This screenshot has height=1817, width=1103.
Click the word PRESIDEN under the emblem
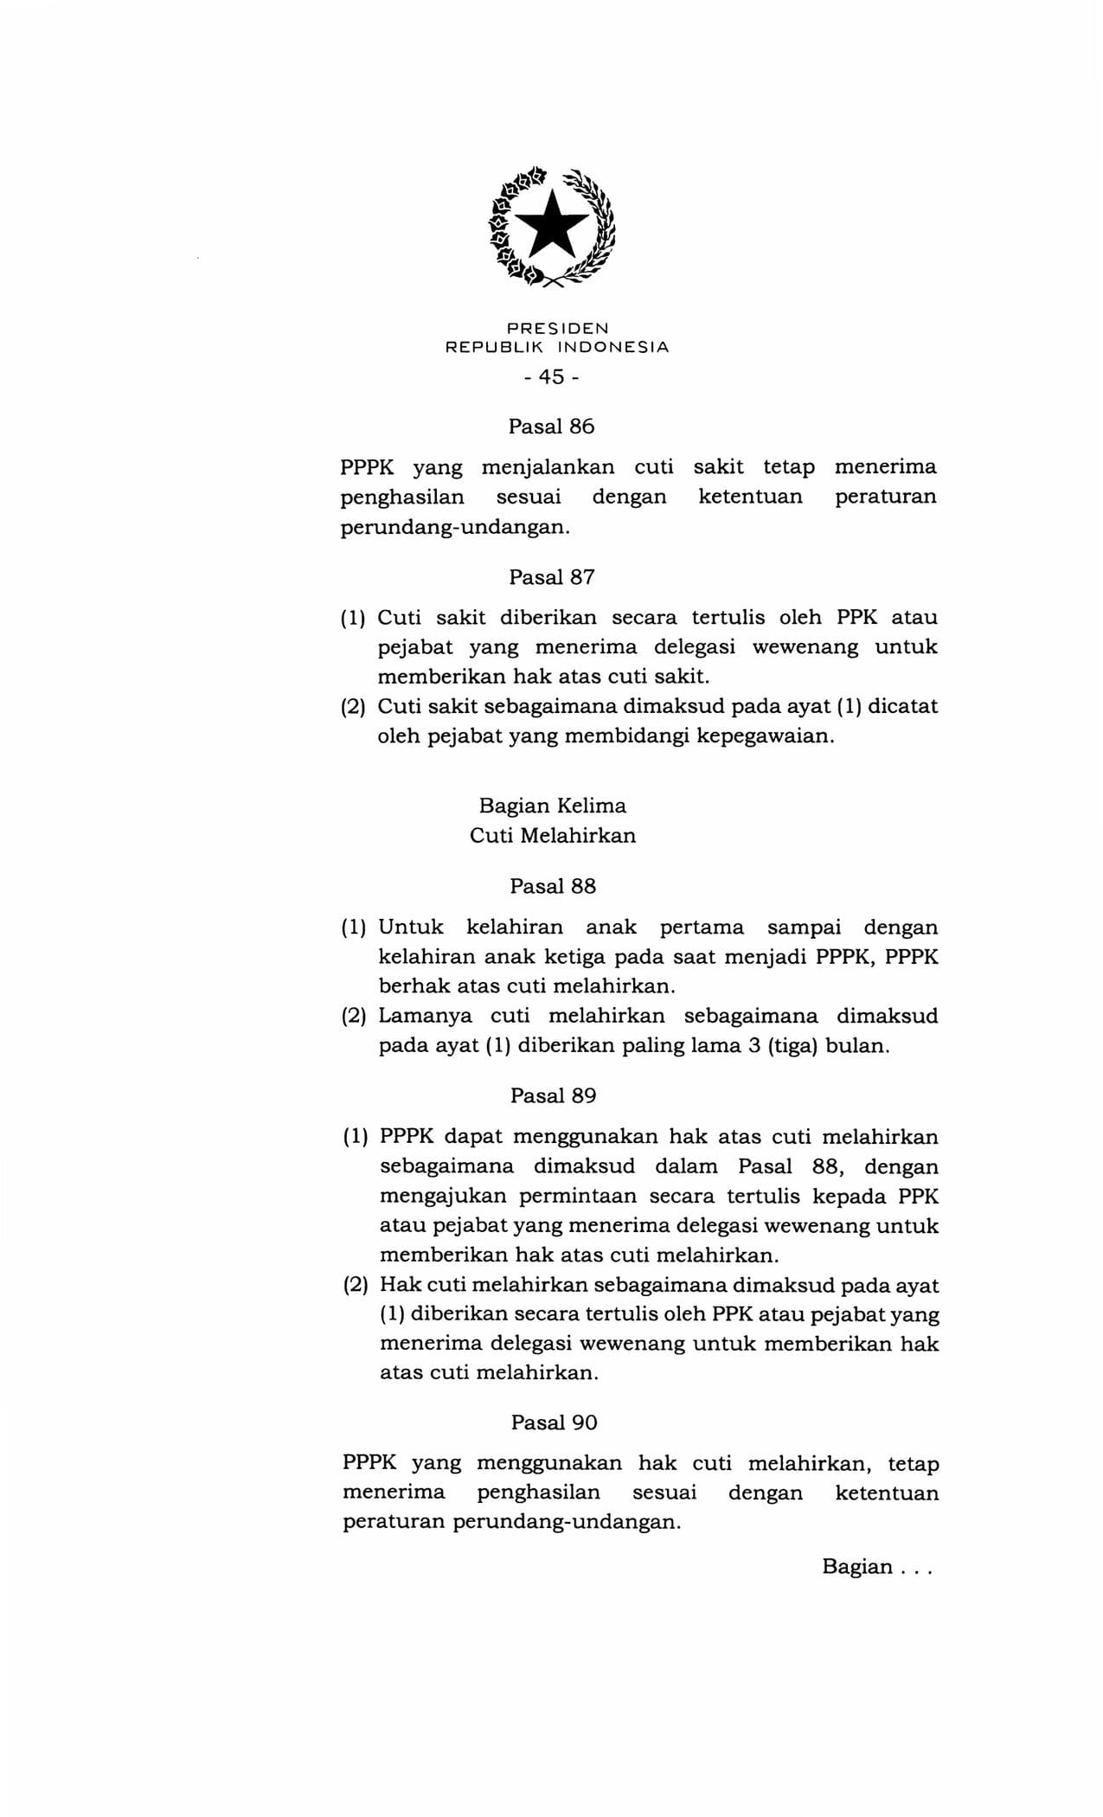(x=557, y=329)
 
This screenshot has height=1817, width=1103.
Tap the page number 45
(x=551, y=377)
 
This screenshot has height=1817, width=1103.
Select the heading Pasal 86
(x=552, y=427)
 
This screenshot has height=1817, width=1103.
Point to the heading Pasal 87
(x=552, y=577)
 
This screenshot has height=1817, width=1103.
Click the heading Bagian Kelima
(x=553, y=806)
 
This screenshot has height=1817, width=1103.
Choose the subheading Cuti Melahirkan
(x=553, y=836)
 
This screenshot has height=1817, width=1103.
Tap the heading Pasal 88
(x=553, y=886)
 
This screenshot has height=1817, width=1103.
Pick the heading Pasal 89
(x=553, y=1095)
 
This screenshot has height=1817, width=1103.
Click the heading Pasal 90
(x=554, y=1422)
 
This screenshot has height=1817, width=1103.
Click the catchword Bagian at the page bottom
(x=857, y=1567)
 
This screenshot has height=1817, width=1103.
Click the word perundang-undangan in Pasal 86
(x=455, y=527)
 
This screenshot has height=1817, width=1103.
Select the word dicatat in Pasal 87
(x=902, y=706)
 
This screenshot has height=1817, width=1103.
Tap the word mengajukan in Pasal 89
(x=439, y=1197)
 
